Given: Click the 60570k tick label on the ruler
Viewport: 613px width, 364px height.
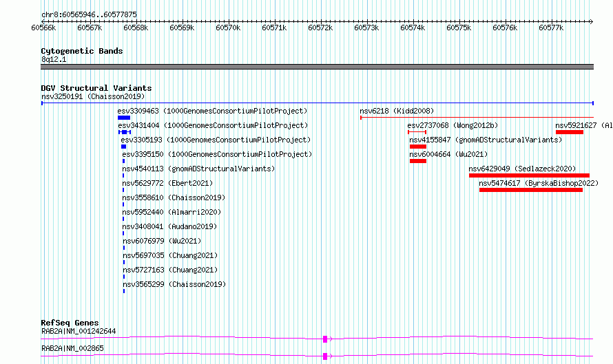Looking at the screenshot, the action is click(x=228, y=28).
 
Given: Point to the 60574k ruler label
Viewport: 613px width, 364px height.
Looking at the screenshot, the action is click(x=413, y=28).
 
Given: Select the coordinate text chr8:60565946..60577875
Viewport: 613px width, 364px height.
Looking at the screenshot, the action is click(x=89, y=15).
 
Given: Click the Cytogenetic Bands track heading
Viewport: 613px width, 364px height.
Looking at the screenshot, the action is click(x=82, y=51).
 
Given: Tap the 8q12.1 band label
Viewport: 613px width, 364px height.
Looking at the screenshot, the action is click(x=54, y=59).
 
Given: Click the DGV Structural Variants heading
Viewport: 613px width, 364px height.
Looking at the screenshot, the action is click(x=96, y=88).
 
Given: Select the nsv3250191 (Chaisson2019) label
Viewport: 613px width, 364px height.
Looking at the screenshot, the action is click(x=93, y=96).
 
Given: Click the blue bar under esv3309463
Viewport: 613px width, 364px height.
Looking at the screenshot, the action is click(x=124, y=118).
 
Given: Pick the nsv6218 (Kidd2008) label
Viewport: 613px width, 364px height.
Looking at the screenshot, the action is click(x=397, y=111).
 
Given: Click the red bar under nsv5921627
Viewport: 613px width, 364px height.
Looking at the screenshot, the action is click(x=570, y=132).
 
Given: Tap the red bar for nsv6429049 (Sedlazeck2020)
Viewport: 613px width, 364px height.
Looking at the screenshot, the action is click(x=530, y=175).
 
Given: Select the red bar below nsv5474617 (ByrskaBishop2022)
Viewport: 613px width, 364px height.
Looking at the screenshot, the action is click(x=531, y=190).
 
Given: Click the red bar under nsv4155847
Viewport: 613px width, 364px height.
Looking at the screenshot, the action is click(x=418, y=147).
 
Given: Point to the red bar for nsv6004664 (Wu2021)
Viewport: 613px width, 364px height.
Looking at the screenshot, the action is click(x=418, y=161).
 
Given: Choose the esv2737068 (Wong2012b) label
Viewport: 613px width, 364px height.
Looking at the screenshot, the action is click(x=453, y=125).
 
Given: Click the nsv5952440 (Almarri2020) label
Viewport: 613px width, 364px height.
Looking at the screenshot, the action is click(x=172, y=212).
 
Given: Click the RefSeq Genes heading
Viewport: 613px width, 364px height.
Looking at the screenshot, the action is click(x=70, y=323).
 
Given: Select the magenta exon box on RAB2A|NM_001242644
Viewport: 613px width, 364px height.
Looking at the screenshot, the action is click(x=325, y=339).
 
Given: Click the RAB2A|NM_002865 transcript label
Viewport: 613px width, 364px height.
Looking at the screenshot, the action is click(x=73, y=348).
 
